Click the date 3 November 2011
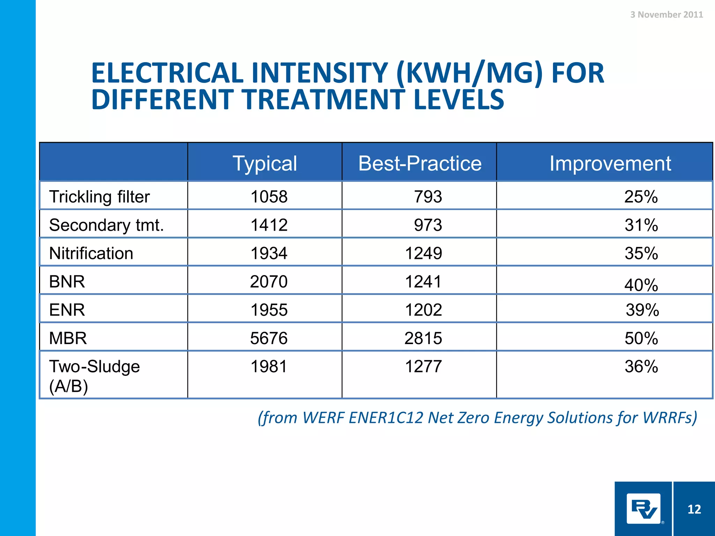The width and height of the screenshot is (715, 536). pyautogui.click(x=666, y=15)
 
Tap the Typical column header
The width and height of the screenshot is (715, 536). pyautogui.click(x=265, y=163)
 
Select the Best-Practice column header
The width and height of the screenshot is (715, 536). pyautogui.click(x=420, y=163)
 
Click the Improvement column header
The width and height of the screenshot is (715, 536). pyautogui.click(x=610, y=163)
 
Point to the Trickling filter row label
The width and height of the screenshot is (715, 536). pyautogui.click(x=99, y=196)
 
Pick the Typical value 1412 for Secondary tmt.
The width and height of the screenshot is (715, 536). pyautogui.click(x=269, y=225)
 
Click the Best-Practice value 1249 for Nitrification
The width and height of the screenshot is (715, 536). pyautogui.click(x=423, y=253)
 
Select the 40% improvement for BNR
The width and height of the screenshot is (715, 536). pyautogui.click(x=641, y=285)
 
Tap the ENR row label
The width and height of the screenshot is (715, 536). pyautogui.click(x=67, y=310)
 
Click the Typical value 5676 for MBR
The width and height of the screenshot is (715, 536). pyautogui.click(x=269, y=338)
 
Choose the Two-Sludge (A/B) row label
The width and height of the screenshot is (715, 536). pyautogui.click(x=94, y=376)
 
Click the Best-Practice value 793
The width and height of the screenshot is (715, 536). pyautogui.click(x=428, y=196)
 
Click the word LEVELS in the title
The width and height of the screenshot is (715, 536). pyautogui.click(x=458, y=100)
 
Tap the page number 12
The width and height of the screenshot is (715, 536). pyautogui.click(x=694, y=509)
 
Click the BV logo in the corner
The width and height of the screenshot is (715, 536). pyautogui.click(x=643, y=509)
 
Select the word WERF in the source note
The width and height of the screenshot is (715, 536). pyautogui.click(x=323, y=418)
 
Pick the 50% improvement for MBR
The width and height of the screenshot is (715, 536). pyautogui.click(x=641, y=338)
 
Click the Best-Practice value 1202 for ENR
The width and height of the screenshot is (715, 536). pyautogui.click(x=423, y=310)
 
